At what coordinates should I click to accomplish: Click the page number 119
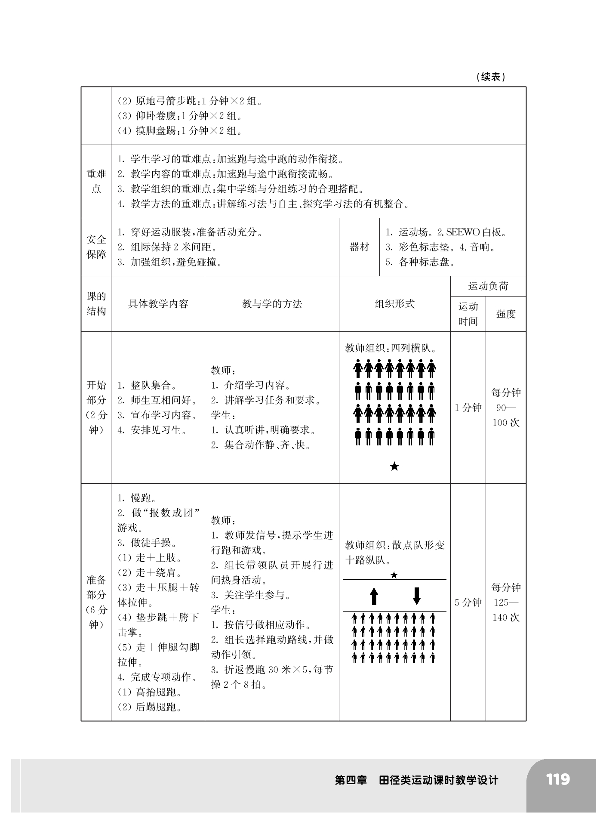pos(558,779)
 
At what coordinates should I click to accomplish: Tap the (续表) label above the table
pos(491,77)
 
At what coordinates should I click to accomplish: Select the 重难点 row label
pos(96,181)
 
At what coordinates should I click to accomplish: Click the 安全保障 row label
pos(96,247)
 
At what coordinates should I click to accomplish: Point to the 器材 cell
pos(359,247)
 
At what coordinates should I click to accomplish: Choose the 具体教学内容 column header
pos(158,304)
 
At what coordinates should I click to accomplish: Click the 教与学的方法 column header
pos(272,304)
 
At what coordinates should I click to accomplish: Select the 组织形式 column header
pos(394,304)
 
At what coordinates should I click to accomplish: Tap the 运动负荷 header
pos(488,286)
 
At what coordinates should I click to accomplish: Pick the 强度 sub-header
pos(505,314)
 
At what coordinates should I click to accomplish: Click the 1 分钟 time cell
pos(468,408)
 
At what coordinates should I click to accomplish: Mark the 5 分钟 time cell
pos(468,603)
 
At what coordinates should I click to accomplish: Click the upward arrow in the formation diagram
pos(374,596)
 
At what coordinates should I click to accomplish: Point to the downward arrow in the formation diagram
pos(416,596)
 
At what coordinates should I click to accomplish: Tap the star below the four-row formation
pos(394,467)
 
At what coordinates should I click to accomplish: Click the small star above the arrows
pos(394,575)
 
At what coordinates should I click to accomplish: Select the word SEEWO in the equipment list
pos(463,232)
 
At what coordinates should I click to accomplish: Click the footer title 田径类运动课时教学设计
pos(438,780)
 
